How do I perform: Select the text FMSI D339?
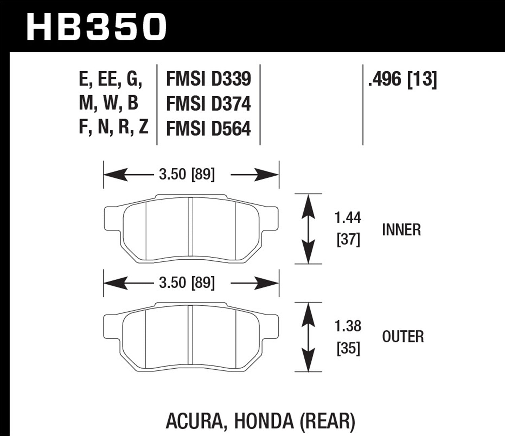(x=208, y=79)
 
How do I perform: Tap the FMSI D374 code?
(x=208, y=104)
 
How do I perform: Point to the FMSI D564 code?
(x=208, y=129)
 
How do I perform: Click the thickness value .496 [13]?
(x=402, y=80)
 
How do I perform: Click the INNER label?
(x=401, y=230)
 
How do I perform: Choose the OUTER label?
(x=403, y=337)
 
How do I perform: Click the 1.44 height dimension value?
(x=348, y=218)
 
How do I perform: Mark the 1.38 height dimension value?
(x=348, y=326)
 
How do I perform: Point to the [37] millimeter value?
(x=348, y=240)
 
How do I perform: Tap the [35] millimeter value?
(x=348, y=349)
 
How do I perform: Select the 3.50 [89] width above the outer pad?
(x=187, y=283)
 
